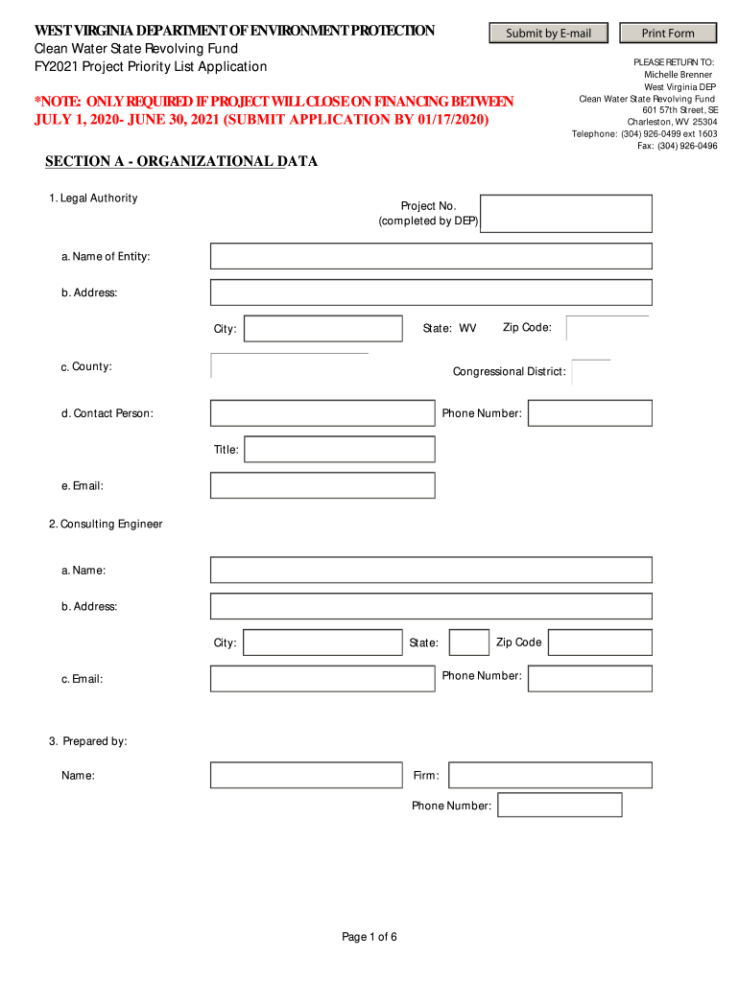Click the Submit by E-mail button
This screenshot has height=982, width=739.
coord(548,34)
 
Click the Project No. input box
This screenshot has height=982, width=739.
coord(565,214)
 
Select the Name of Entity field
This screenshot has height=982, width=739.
coord(431,256)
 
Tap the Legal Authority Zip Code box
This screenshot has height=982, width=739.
coord(607,328)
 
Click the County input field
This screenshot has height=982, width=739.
coord(289,366)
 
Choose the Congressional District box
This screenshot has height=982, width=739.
coord(590,372)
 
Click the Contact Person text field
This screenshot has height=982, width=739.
coord(322,413)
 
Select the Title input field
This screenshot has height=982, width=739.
coord(339,449)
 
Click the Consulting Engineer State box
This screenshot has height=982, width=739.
coord(468,643)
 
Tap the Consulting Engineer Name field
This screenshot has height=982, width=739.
coord(431,571)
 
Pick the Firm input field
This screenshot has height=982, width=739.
coord(550,775)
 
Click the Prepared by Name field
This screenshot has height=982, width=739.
coord(306,775)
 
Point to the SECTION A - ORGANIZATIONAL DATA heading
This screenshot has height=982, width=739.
coord(181,162)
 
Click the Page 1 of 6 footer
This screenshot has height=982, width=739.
coord(369,937)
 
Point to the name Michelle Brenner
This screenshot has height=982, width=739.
coord(678,75)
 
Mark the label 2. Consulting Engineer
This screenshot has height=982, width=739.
coord(106,524)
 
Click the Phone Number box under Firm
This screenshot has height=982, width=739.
coord(560,806)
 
